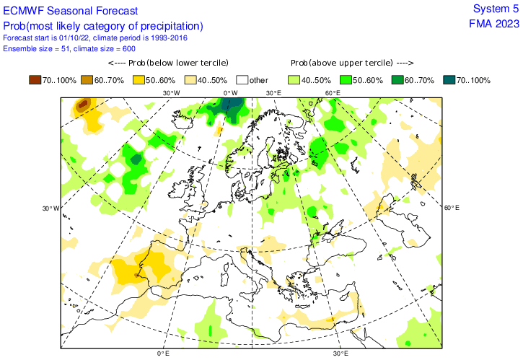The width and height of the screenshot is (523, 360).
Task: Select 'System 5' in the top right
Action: pyautogui.click(x=495, y=9)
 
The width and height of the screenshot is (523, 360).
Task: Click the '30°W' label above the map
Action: pyautogui.click(x=170, y=93)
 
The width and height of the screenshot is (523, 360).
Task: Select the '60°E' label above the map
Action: pyautogui.click(x=333, y=93)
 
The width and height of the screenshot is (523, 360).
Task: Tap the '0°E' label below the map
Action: pyautogui.click(x=162, y=354)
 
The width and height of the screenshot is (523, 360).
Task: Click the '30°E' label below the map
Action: pyautogui.click(x=340, y=354)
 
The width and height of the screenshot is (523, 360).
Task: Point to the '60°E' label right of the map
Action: pyautogui.click(x=452, y=208)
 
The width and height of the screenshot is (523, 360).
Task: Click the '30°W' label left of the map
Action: pyautogui.click(x=50, y=208)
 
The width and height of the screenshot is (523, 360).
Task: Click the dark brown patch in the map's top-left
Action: pyautogui.click(x=83, y=105)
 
